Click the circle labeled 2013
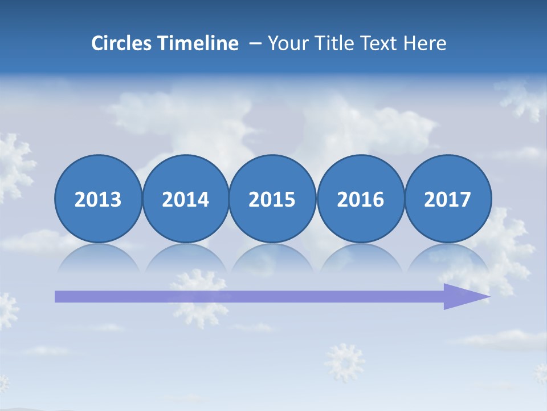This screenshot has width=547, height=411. pos(98,199)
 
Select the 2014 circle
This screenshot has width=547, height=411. pos(185,199)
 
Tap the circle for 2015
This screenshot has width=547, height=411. pos(272,199)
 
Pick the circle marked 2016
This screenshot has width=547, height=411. pos(360,199)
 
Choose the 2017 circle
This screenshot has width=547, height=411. pos(448,199)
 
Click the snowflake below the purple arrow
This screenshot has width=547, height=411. pos(344,362)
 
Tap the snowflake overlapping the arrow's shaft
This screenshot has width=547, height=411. pos(199,297)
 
